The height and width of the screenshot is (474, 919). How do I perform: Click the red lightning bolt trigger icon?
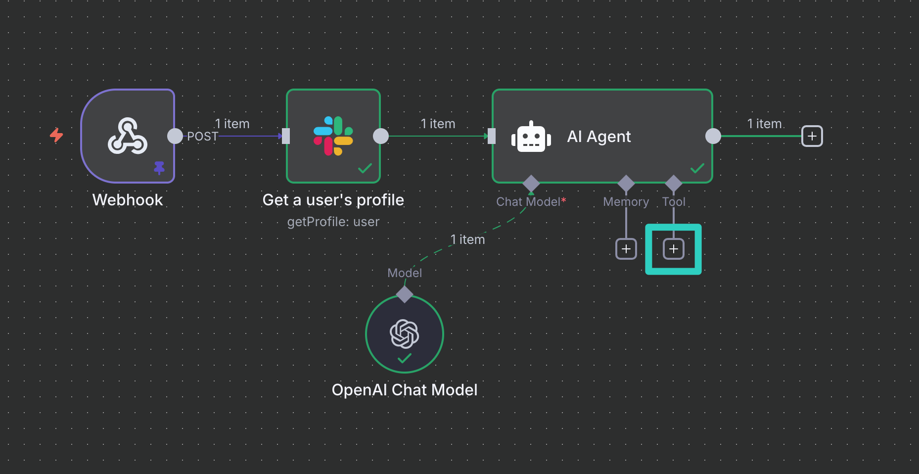[x=56, y=135]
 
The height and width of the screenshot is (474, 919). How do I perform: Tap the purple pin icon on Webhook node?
[x=159, y=168]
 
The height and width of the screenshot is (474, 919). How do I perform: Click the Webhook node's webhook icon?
[x=128, y=136]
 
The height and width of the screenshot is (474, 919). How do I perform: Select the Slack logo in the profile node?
[x=333, y=136]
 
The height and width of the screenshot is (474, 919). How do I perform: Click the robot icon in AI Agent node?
[x=531, y=137]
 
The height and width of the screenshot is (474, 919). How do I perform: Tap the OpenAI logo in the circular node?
[x=405, y=333]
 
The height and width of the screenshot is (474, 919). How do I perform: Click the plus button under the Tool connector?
[x=674, y=249]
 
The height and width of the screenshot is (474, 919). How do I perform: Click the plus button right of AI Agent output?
[x=812, y=136]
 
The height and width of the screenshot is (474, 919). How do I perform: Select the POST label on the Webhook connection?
[x=202, y=137]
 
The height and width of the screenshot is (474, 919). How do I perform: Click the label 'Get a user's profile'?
[x=333, y=200]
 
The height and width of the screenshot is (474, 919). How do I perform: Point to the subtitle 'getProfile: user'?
[x=333, y=222]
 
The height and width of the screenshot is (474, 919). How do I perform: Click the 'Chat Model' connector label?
[x=528, y=202]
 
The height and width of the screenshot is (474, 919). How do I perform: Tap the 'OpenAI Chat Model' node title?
[x=405, y=390]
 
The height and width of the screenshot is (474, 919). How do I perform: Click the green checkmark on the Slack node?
[x=365, y=169]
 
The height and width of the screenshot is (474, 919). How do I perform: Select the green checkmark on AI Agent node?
[x=697, y=169]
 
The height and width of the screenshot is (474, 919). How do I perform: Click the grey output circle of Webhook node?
[x=175, y=136]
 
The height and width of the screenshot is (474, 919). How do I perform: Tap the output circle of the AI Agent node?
[x=713, y=136]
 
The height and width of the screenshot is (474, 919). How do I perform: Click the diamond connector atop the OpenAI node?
[x=405, y=294]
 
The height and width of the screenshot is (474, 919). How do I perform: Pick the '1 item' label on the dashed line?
[x=467, y=239]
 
